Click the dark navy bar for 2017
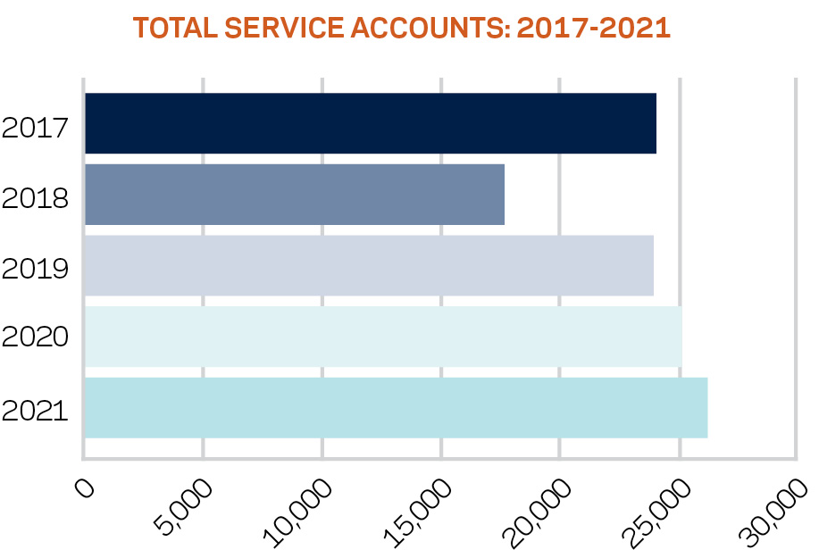[370, 123]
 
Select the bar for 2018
[294, 195]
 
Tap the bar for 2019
[369, 265]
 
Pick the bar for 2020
[383, 337]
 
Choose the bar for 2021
[396, 408]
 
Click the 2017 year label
[36, 127]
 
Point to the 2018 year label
[36, 197]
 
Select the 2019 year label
[36, 268]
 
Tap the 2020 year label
[36, 337]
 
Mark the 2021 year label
[36, 411]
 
